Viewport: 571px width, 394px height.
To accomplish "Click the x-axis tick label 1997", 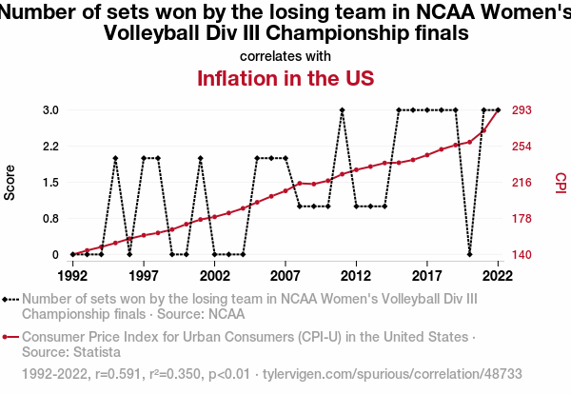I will (144, 275).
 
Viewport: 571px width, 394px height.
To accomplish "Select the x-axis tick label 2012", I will (356, 275).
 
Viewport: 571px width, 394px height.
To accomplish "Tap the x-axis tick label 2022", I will (498, 275).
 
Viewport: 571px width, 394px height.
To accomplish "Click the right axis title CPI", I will (560, 182).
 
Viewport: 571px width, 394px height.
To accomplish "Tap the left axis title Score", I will (10, 182).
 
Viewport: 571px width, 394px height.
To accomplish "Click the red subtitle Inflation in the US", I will (285, 77).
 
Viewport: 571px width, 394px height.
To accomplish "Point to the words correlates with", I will (285, 55).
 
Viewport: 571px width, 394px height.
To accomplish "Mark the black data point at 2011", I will (342, 110).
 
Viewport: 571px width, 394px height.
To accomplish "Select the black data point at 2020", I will (469, 254).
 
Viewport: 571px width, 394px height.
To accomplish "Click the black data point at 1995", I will (115, 158).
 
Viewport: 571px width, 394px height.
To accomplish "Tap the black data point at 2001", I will (200, 158).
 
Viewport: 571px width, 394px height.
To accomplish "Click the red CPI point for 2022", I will (498, 110).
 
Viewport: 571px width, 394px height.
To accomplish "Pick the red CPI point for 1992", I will (72, 254).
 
